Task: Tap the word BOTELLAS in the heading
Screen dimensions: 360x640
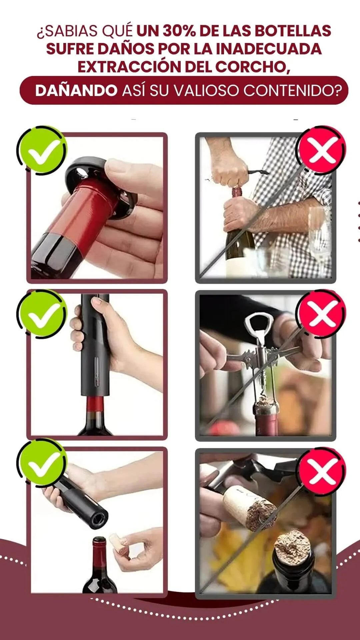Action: click(293, 31)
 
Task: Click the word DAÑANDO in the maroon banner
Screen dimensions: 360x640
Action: click(76, 90)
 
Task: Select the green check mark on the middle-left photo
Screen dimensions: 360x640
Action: click(42, 314)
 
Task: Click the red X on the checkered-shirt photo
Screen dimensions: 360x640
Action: click(321, 150)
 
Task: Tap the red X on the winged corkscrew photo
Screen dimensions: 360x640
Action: click(321, 314)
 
